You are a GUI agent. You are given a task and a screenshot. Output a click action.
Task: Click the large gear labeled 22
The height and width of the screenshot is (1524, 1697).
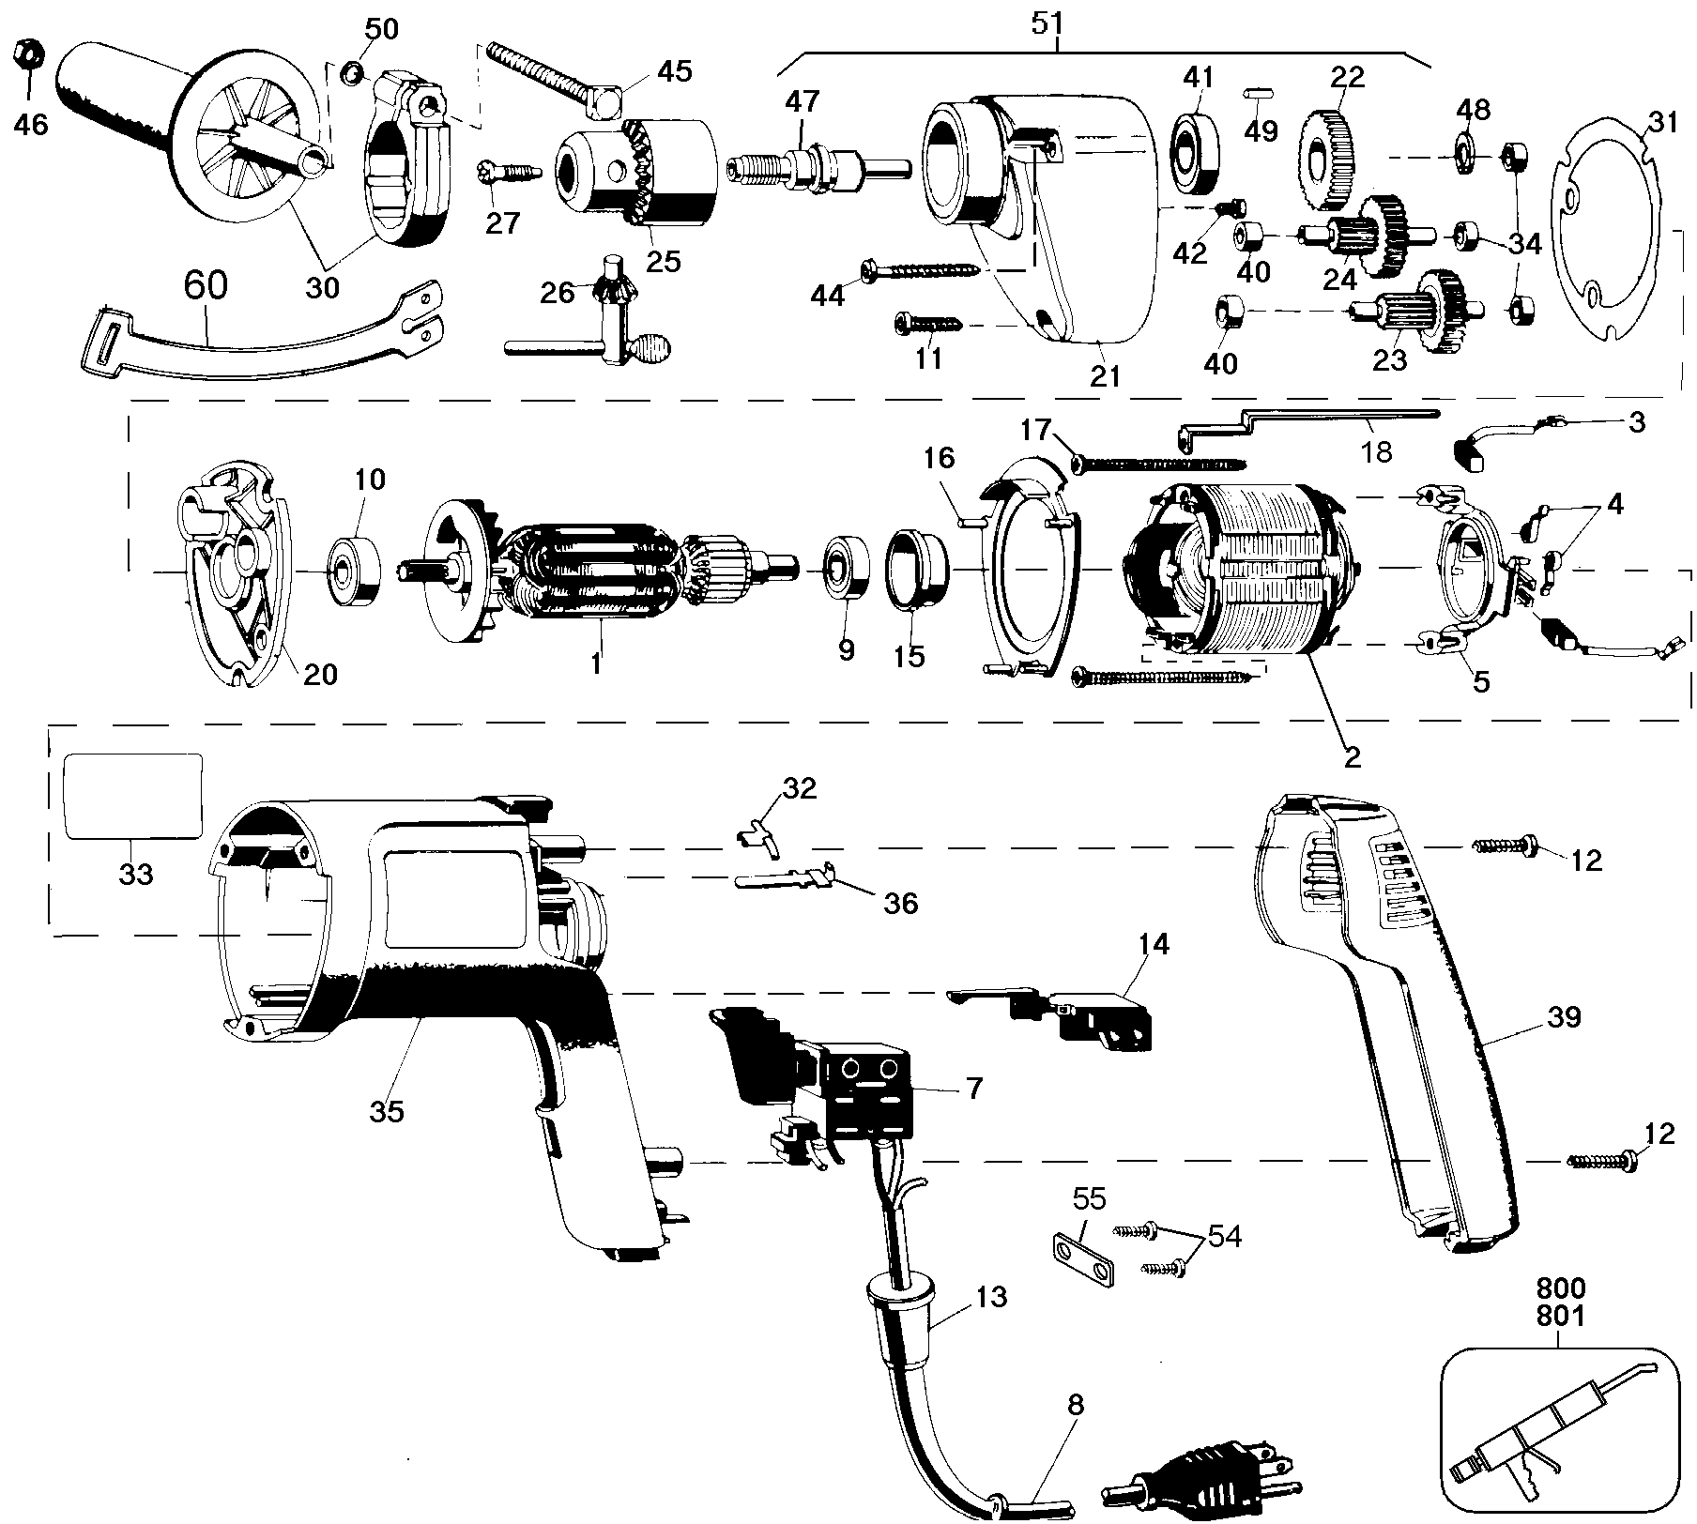[x=1328, y=160]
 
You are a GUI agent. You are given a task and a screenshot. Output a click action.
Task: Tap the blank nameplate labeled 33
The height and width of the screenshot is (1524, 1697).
[x=131, y=796]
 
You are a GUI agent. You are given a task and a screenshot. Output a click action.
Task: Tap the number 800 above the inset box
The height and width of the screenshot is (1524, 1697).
[x=1559, y=1287]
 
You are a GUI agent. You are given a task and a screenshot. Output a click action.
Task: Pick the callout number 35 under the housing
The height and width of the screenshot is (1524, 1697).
[x=387, y=1111]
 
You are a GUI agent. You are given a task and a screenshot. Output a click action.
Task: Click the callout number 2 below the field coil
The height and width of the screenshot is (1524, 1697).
[x=1352, y=756]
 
